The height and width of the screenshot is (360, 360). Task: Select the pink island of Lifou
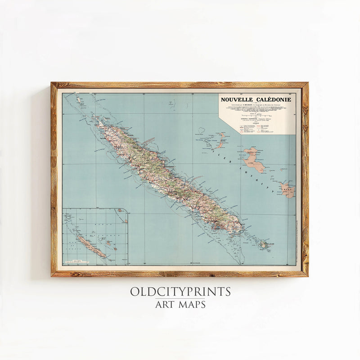pyautogui.click(x=254, y=160)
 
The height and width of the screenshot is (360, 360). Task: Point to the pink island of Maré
pyautogui.click(x=287, y=189)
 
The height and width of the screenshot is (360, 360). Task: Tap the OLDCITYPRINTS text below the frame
pyautogui.click(x=180, y=292)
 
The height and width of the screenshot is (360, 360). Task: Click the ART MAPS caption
pyautogui.click(x=180, y=305)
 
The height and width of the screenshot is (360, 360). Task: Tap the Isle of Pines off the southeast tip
pyautogui.click(x=264, y=244)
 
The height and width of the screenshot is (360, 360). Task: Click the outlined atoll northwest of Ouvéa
pyautogui.click(x=201, y=131)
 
